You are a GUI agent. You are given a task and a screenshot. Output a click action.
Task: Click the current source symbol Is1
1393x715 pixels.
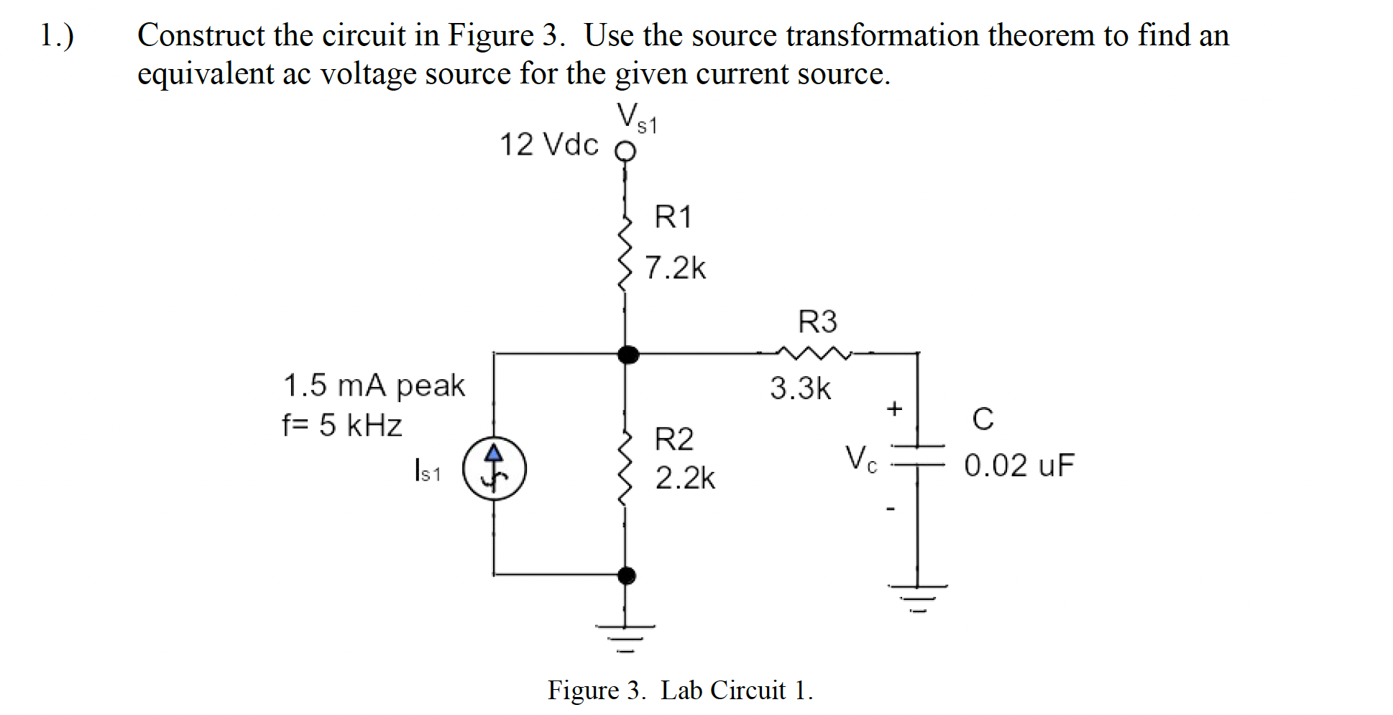494,468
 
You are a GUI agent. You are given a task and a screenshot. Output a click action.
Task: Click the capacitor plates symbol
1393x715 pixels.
916,455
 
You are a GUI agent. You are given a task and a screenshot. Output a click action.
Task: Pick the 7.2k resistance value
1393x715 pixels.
675,268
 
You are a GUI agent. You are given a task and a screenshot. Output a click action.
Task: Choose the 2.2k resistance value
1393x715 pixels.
685,478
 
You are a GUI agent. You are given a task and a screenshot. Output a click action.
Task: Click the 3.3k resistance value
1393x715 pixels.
800,388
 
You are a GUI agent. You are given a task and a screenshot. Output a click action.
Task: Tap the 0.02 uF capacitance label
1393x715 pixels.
1019,465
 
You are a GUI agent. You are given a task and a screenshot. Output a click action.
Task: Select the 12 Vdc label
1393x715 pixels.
548,145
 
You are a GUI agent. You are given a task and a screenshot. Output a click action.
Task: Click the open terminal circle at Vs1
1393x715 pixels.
625,152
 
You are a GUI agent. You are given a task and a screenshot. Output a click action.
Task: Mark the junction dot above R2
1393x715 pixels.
628,354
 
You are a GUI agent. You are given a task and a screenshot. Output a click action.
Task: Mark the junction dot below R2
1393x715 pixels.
627,575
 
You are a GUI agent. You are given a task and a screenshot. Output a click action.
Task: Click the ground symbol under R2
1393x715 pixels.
625,637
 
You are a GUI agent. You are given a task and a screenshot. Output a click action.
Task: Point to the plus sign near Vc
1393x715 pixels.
893,409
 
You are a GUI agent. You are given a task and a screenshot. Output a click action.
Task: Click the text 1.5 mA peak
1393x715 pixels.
374,386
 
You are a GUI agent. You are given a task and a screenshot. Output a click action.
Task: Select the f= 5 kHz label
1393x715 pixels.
341,425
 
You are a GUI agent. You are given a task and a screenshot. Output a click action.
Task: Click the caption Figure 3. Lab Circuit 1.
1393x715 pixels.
680,690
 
